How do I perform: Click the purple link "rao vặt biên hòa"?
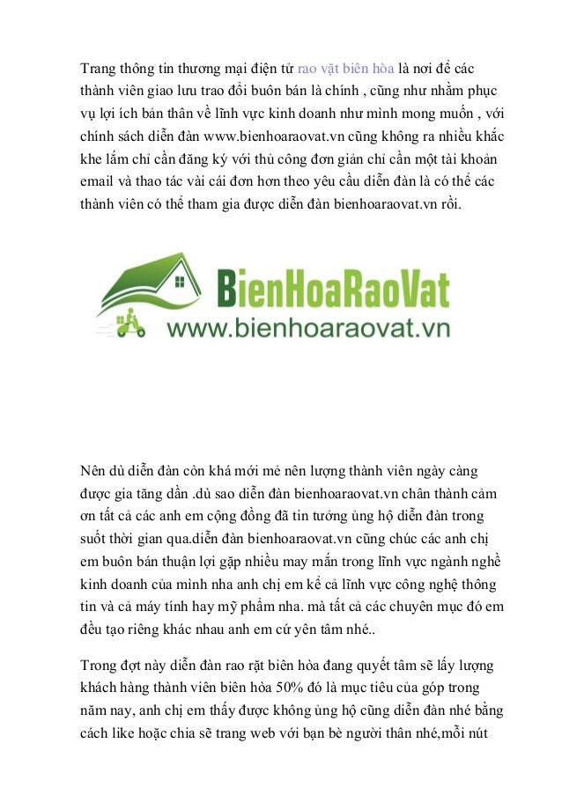coord(346,68)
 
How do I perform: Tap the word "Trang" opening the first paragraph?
coord(99,68)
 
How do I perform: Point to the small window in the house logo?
coord(180,283)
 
